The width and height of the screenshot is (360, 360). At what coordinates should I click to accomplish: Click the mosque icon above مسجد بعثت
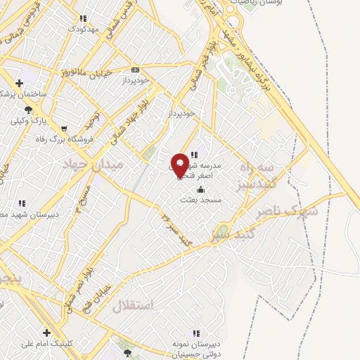click(201, 189)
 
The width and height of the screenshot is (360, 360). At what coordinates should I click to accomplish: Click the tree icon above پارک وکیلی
click(28, 109)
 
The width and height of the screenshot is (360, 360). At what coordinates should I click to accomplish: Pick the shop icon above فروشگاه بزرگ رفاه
click(64, 129)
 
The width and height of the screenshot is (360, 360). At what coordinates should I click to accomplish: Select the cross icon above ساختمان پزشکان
click(19, 84)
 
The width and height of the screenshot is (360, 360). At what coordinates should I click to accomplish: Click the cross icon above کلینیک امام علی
click(46, 333)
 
